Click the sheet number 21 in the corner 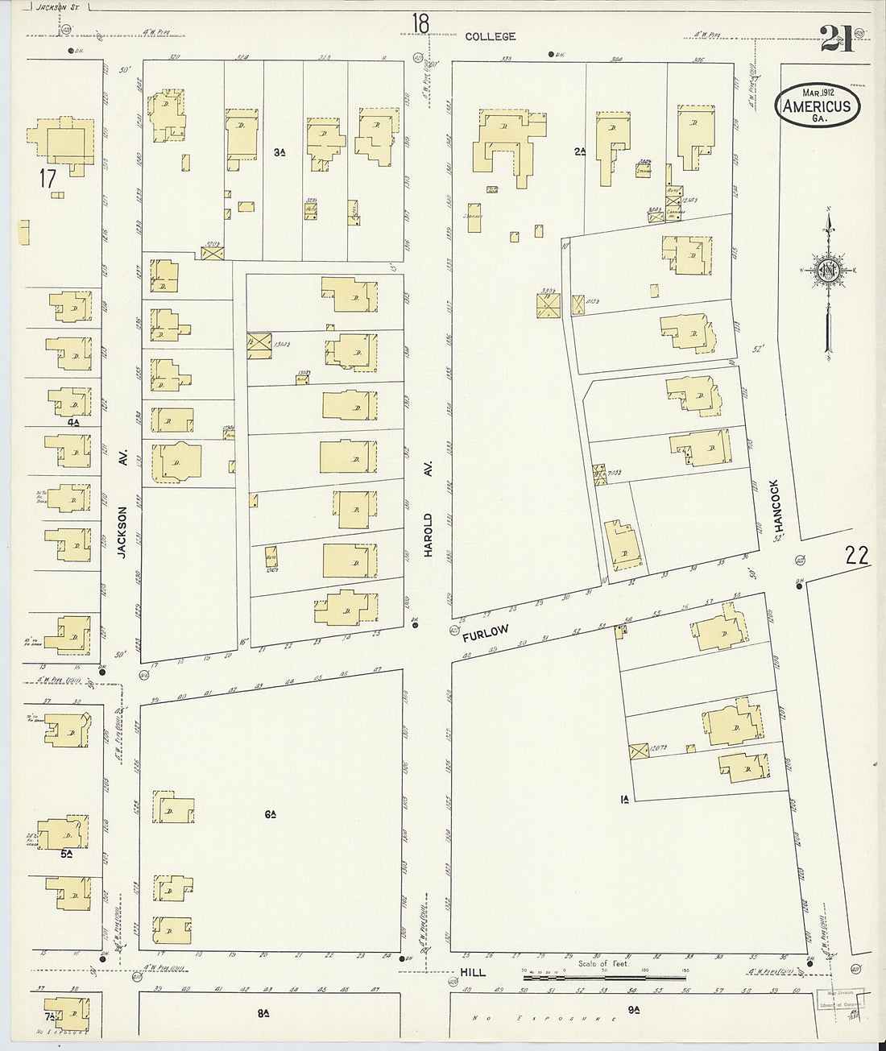(837, 38)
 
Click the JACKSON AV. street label (123, 532)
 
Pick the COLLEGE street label (490, 36)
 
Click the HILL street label (473, 972)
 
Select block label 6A (271, 814)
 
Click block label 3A (279, 151)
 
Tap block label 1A (624, 799)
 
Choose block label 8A (263, 1014)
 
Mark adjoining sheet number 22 (857, 554)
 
